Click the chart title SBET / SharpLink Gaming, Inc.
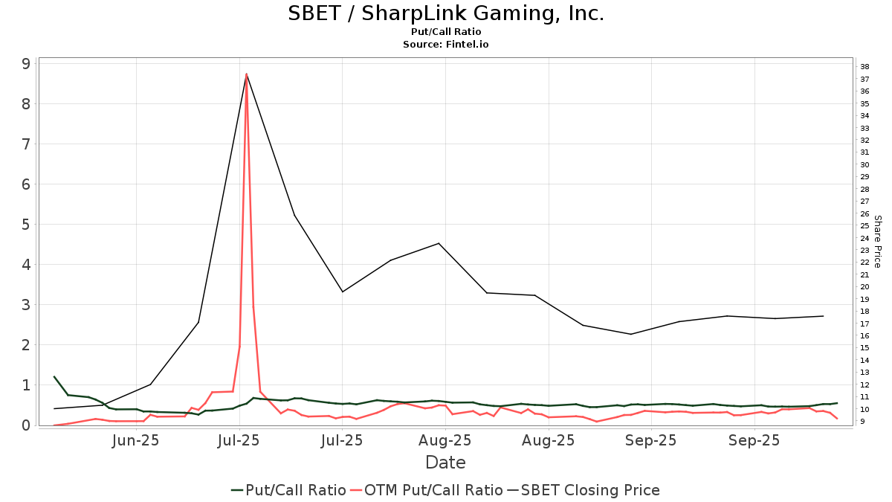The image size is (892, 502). click(446, 13)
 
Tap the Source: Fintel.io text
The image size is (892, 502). click(446, 45)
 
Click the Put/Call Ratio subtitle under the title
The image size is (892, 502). click(446, 31)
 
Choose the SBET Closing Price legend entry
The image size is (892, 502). click(584, 490)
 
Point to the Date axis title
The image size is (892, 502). click(445, 463)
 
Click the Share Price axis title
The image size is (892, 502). click(877, 242)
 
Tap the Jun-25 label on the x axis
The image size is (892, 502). click(136, 440)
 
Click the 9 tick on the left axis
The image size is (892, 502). click(26, 64)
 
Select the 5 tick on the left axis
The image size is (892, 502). click(26, 225)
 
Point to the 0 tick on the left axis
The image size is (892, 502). click(26, 425)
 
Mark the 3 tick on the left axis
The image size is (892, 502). click(26, 305)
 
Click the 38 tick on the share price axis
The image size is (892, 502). click(865, 67)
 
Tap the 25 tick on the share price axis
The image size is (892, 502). click(865, 226)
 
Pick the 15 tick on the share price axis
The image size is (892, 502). click(865, 348)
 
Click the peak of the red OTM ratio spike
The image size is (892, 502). click(246, 74)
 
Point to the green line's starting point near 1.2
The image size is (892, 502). click(54, 377)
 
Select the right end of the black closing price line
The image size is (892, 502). click(823, 316)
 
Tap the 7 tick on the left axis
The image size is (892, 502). click(26, 144)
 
